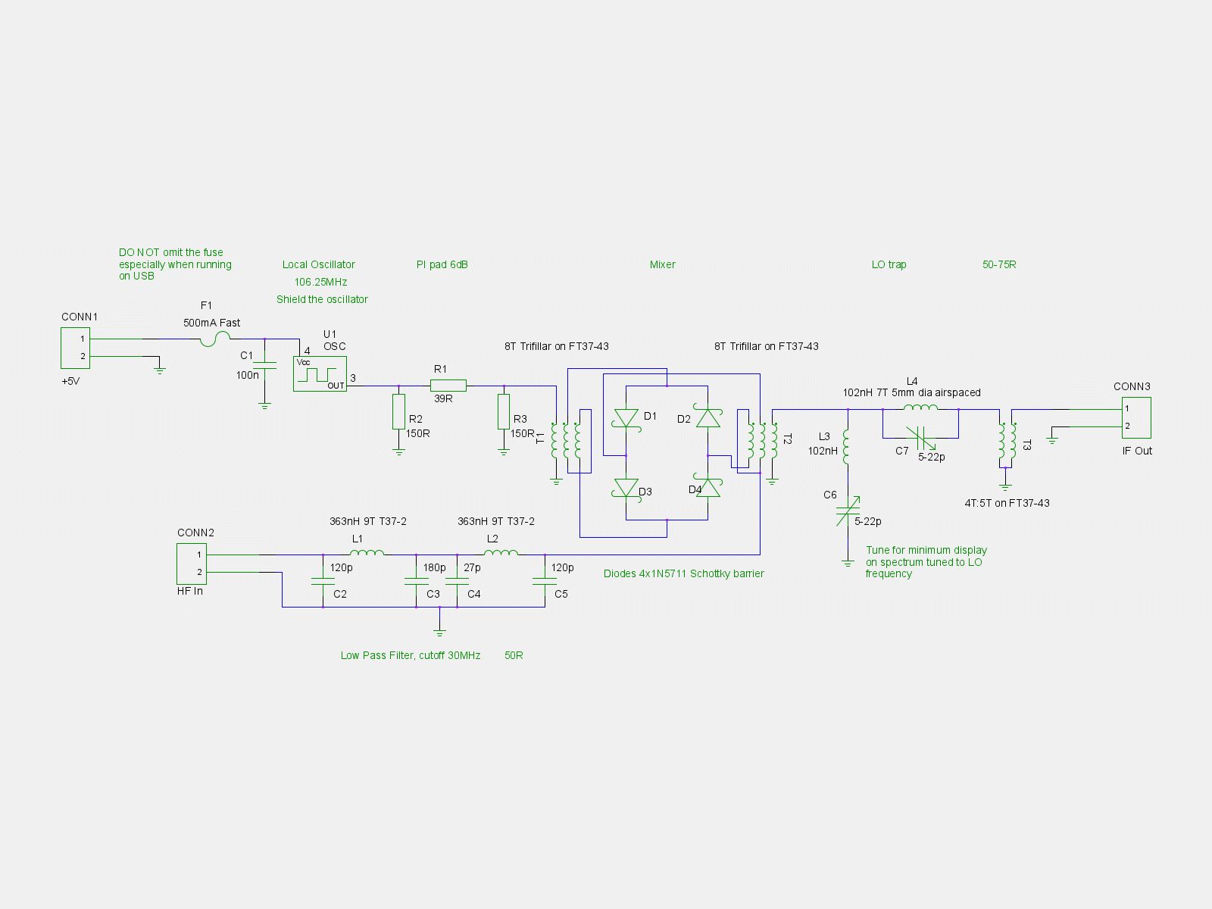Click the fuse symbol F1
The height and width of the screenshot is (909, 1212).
point(215,339)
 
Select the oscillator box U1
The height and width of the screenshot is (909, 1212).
point(320,373)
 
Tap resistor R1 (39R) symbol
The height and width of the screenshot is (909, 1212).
point(448,386)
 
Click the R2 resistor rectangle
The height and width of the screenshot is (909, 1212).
point(398,411)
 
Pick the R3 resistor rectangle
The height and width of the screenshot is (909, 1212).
point(504,411)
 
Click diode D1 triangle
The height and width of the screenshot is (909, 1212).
point(626,418)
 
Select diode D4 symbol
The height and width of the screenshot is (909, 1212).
point(708,487)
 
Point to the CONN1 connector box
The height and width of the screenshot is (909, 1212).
point(75,348)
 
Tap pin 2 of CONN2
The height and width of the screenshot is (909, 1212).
point(199,573)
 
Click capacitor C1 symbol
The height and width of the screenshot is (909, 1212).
point(264,365)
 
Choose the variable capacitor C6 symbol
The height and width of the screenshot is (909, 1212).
point(848,511)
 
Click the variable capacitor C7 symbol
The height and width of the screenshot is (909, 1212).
point(920,439)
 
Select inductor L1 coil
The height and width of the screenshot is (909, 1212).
point(367,552)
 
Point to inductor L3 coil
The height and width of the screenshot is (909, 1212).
point(846,447)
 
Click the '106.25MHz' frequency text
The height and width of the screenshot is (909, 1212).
point(320,282)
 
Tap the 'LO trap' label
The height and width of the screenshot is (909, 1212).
point(889,264)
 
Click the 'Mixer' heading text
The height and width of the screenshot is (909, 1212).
point(662,264)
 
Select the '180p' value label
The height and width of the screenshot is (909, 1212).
point(435,567)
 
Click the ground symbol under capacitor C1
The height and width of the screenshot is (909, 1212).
point(264,407)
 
